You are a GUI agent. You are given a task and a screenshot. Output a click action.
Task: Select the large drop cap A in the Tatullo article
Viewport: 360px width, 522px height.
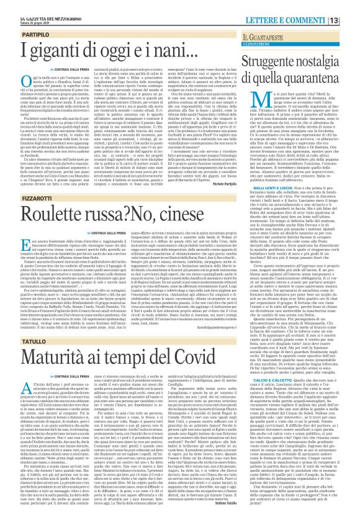click(x=19, y=396)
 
